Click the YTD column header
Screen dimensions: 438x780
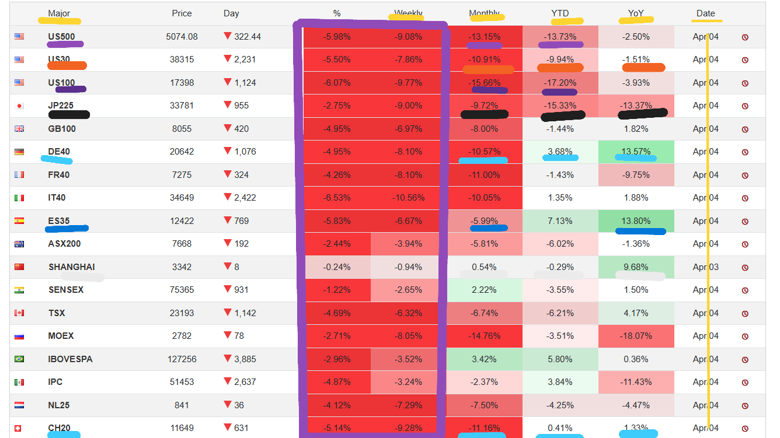560,13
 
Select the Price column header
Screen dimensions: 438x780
182,13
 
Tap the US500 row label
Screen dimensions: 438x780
61,37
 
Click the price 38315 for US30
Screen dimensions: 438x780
182,59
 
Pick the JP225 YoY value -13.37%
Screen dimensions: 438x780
636,106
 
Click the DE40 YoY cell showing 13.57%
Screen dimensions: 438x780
636,152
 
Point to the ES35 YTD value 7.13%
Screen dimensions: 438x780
560,221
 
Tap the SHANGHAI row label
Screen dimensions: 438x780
71,267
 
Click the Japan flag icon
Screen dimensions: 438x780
19,106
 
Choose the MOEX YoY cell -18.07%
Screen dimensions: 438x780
636,336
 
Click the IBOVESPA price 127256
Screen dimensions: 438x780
182,359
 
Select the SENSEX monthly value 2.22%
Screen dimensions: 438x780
484,290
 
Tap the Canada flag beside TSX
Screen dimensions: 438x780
19,313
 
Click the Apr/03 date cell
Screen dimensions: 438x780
705,267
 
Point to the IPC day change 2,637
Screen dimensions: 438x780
245,382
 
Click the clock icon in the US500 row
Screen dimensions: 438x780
745,37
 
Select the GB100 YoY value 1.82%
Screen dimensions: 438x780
636,129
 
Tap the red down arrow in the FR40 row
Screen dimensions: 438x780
228,174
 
